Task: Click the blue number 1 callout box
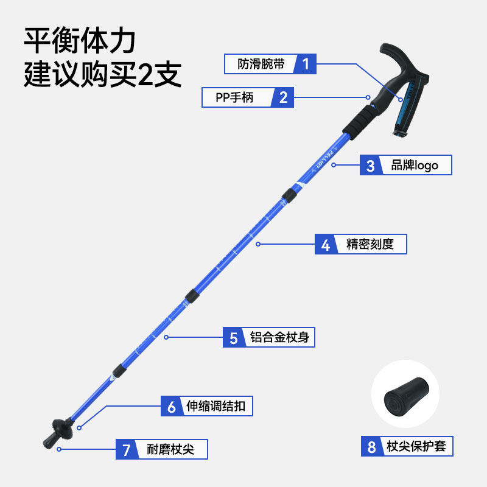(x=306, y=64)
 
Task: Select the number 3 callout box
(x=371, y=165)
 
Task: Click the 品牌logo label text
(x=414, y=165)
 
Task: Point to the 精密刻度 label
(x=370, y=245)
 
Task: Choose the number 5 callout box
(x=234, y=337)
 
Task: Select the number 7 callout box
(x=127, y=450)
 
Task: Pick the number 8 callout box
(x=372, y=447)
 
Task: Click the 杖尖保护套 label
(x=416, y=447)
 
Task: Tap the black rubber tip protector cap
(x=405, y=396)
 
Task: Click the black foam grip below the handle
(x=359, y=118)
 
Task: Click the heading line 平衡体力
(x=79, y=41)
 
